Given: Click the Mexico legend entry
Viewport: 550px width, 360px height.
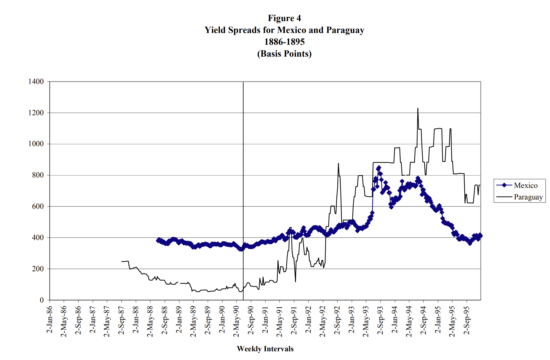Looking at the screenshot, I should point(525,185).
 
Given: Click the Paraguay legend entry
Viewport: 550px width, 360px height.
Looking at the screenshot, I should point(528,197).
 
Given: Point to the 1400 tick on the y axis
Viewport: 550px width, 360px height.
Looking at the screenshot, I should point(36,82).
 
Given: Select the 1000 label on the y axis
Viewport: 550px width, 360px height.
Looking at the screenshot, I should point(36,144).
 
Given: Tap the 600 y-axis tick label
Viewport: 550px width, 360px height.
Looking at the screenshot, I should point(38,206).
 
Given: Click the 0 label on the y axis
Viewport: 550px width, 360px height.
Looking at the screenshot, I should point(42,300).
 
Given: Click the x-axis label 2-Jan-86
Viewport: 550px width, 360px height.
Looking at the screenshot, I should point(50,320).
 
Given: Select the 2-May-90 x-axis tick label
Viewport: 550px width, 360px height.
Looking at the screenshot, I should point(236,321).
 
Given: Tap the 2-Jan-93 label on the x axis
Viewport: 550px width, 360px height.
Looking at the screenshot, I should point(351,320).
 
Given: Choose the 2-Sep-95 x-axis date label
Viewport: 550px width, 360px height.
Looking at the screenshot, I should point(467,320).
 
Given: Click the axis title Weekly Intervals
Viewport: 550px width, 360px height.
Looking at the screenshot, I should point(265,349).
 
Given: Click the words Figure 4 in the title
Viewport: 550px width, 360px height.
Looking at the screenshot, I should point(284,18).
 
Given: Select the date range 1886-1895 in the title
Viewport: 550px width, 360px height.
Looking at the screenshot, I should point(284,42).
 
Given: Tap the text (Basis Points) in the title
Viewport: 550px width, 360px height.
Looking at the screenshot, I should point(284,54).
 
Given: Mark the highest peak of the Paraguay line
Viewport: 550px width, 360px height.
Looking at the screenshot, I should point(418,108).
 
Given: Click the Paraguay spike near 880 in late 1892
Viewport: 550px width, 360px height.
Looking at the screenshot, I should point(338,163).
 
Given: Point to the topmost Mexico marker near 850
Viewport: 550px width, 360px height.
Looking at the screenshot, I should point(379,168).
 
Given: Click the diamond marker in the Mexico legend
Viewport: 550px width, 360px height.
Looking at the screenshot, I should point(504,185).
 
